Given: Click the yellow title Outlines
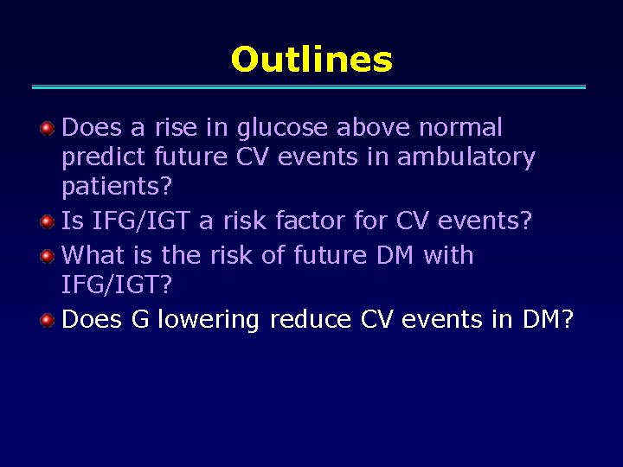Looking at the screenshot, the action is [x=311, y=59].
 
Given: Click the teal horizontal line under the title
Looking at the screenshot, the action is [x=309, y=87].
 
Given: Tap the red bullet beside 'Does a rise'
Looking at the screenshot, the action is [x=48, y=128].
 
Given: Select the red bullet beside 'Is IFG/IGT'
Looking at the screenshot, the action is [x=48, y=221].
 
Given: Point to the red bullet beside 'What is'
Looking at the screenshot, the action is [x=48, y=256].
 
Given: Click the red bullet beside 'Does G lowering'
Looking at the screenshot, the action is [x=48, y=320].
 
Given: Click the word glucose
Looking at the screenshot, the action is [x=282, y=129].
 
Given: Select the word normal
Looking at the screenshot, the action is [x=460, y=127].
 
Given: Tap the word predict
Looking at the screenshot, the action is [x=105, y=158].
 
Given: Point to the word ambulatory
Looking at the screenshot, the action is [x=466, y=158].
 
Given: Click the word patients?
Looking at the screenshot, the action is [x=117, y=186].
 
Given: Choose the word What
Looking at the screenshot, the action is [x=93, y=254].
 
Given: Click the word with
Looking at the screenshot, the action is [x=448, y=254].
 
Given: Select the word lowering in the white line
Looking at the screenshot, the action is [x=209, y=320].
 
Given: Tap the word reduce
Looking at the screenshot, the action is [x=311, y=319].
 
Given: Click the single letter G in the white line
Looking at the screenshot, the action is [x=140, y=319].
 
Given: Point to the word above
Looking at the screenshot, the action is [x=372, y=127].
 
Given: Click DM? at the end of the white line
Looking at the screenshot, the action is [x=548, y=319].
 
